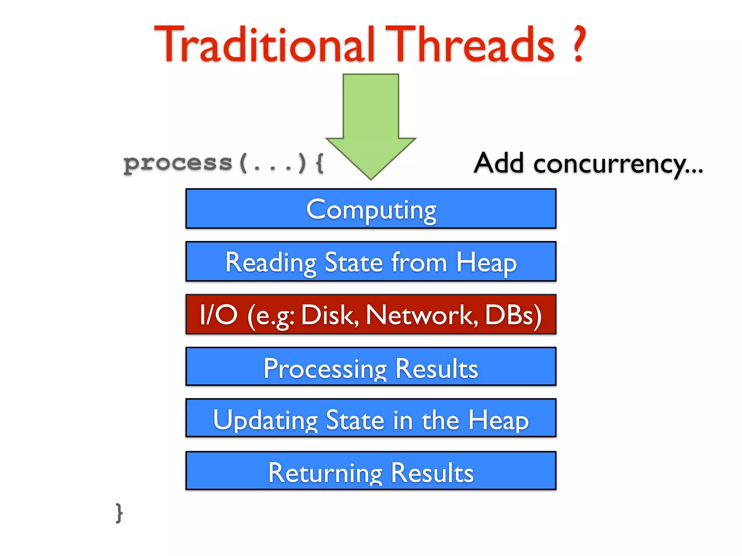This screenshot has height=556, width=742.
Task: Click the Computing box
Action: (x=371, y=209)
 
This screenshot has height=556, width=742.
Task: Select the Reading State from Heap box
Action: (x=371, y=261)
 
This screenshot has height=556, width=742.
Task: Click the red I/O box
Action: (x=371, y=314)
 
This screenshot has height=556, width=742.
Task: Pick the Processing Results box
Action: (x=371, y=367)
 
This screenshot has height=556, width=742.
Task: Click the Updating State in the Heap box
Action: (x=371, y=418)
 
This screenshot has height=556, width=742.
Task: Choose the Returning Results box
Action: (x=371, y=471)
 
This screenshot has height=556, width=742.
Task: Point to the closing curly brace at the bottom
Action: (x=119, y=513)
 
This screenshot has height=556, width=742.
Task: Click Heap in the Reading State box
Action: (x=486, y=263)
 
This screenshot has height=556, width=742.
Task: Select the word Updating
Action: (x=265, y=420)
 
